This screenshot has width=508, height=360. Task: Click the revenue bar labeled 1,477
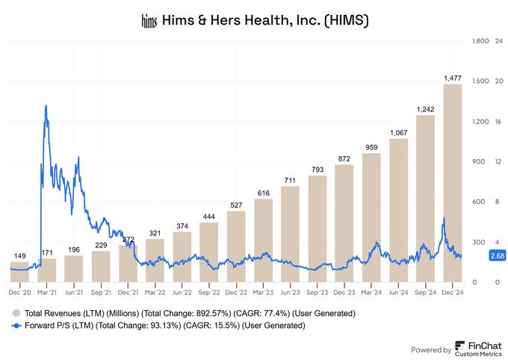point(452,183)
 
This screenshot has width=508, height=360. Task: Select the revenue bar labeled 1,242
point(425,199)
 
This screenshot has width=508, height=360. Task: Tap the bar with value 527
point(236,246)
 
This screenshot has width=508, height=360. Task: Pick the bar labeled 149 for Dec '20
point(20,272)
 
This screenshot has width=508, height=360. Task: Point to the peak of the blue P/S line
point(46,106)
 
